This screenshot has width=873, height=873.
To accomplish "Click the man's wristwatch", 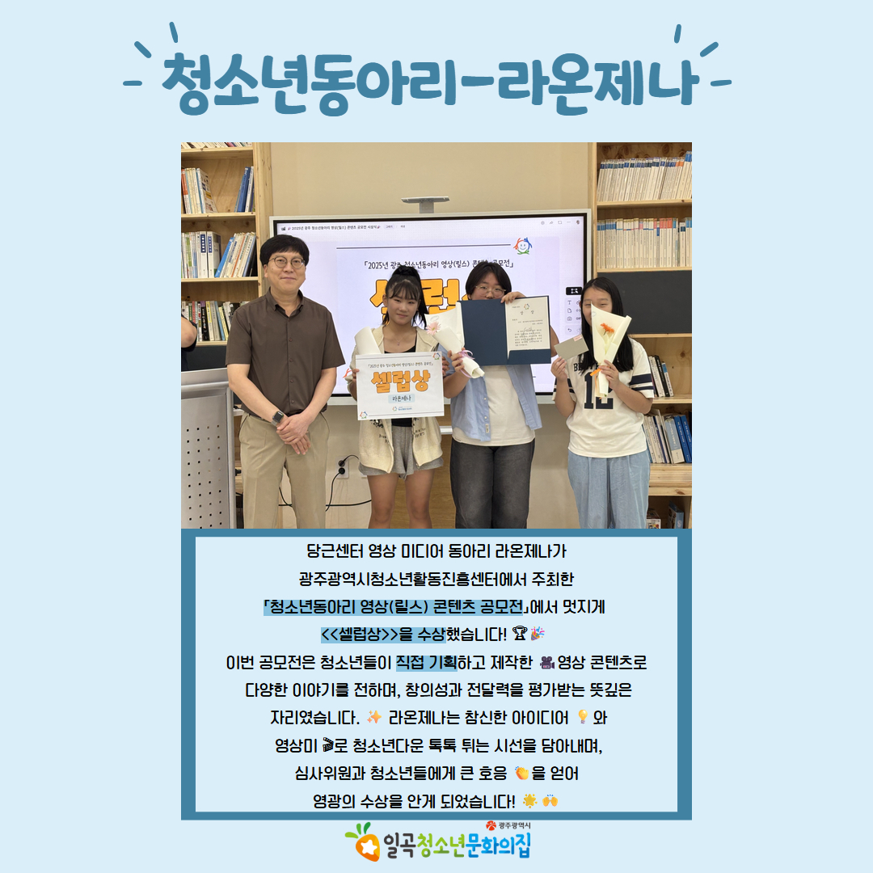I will pos(279,418).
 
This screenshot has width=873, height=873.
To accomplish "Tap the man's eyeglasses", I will pos(288,262).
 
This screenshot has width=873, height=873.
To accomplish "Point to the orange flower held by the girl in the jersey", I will pos(606,329).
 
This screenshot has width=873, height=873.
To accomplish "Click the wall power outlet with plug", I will pos(342,466).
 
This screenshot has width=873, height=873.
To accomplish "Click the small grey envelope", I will pos(571,348).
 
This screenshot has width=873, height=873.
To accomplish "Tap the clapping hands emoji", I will pos(521,774).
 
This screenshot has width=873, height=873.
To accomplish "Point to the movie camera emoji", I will pos(544,663).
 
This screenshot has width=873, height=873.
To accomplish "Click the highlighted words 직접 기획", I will pos(427,663).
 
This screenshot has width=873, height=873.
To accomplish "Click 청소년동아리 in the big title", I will pos(315,82).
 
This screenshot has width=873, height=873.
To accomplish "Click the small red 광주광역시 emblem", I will pos(490,825).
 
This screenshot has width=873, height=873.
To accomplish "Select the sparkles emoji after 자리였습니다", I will pos(373,717).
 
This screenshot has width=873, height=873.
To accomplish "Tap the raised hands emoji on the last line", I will pos(550,801).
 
